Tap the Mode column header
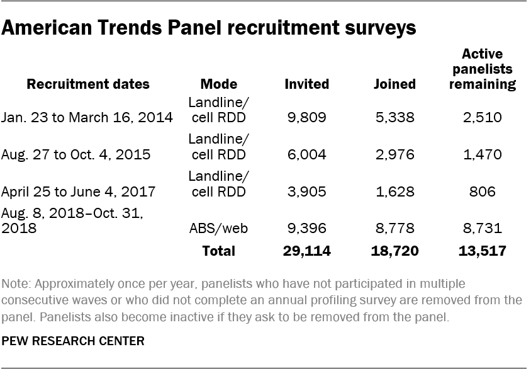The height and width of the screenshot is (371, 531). point(218,84)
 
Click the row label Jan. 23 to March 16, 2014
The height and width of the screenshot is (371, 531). point(87,118)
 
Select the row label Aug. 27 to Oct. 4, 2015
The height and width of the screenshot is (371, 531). point(76,154)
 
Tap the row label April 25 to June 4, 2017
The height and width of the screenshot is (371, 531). point(78,191)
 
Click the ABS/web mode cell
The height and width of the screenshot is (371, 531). point(218,228)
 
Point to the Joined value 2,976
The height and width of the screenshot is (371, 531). point(394,154)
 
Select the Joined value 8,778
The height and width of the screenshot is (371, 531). point(394,228)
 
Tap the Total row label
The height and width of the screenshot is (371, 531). point(218,251)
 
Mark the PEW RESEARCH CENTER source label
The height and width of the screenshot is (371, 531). point(73,341)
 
